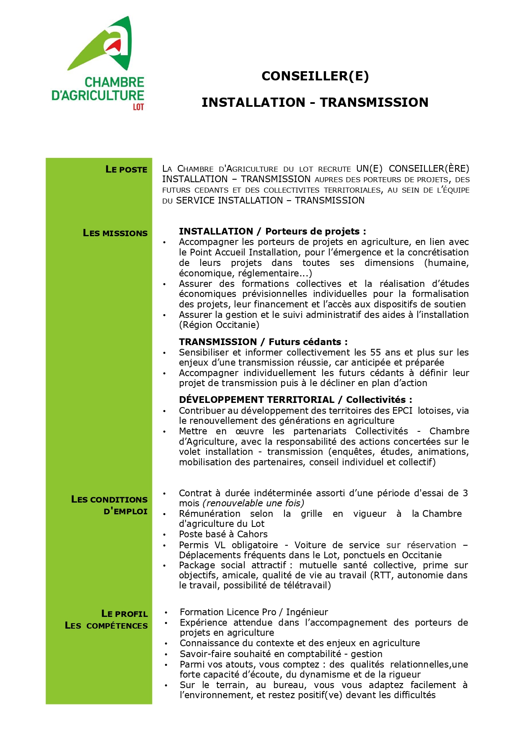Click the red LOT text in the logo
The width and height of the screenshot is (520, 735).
click(x=138, y=107)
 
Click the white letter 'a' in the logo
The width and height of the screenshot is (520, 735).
click(x=116, y=42)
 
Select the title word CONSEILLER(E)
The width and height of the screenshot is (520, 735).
click(x=315, y=76)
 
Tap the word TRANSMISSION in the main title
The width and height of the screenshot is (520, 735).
click(x=374, y=103)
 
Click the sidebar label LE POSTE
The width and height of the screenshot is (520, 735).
click(x=127, y=170)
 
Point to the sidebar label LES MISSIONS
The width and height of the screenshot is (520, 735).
click(x=115, y=233)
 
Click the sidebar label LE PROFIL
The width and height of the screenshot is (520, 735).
click(x=124, y=614)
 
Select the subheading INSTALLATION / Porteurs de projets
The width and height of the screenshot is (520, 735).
click(x=272, y=232)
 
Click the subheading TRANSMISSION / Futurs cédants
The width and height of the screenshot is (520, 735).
click(x=263, y=342)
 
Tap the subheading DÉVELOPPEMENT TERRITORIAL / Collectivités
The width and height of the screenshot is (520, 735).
click(x=295, y=400)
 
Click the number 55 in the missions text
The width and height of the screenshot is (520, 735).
click(x=375, y=352)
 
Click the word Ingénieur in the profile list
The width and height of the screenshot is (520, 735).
click(x=307, y=612)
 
